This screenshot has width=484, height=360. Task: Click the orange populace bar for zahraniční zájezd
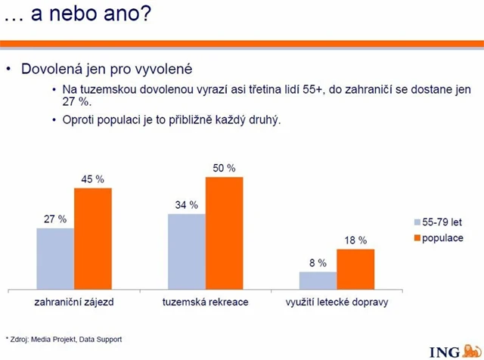pyautogui.click(x=92, y=238)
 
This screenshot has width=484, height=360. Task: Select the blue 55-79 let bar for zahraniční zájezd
pyautogui.click(x=55, y=258)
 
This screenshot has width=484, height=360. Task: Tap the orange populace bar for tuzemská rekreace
pyautogui.click(x=224, y=233)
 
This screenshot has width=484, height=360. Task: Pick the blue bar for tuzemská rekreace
pyautogui.click(x=187, y=251)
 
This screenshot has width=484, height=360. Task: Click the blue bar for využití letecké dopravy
pyautogui.click(x=318, y=280)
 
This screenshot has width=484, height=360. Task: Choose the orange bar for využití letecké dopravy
pyautogui.click(x=355, y=268)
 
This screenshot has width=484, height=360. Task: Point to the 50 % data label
pyautogui.click(x=224, y=167)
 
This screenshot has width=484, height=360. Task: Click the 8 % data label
pyautogui.click(x=318, y=263)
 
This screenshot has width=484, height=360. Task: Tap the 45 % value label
pyautogui.click(x=92, y=179)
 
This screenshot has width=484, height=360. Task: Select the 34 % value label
pyautogui.click(x=186, y=205)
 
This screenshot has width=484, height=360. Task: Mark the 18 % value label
pyautogui.click(x=355, y=241)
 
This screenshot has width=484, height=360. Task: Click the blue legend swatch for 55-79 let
pyautogui.click(x=416, y=223)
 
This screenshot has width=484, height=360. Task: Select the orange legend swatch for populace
pyautogui.click(x=416, y=238)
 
